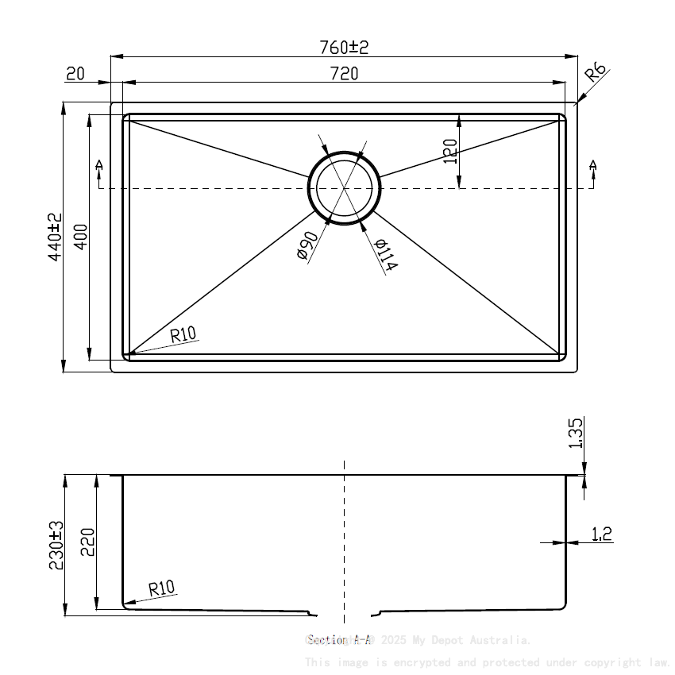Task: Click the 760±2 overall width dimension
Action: point(344,48)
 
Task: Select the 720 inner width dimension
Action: point(344,74)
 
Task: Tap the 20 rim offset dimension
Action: point(75,74)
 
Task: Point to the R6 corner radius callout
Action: point(595,73)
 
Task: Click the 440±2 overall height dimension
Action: point(54,237)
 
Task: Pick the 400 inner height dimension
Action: point(80,237)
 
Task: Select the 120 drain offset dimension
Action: point(450,151)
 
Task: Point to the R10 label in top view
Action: point(183,334)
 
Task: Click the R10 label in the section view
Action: point(161,588)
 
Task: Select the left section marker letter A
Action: point(99,165)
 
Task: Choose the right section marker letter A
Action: point(592,165)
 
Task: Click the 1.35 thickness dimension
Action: point(577,434)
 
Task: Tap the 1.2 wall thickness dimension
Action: point(602,534)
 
